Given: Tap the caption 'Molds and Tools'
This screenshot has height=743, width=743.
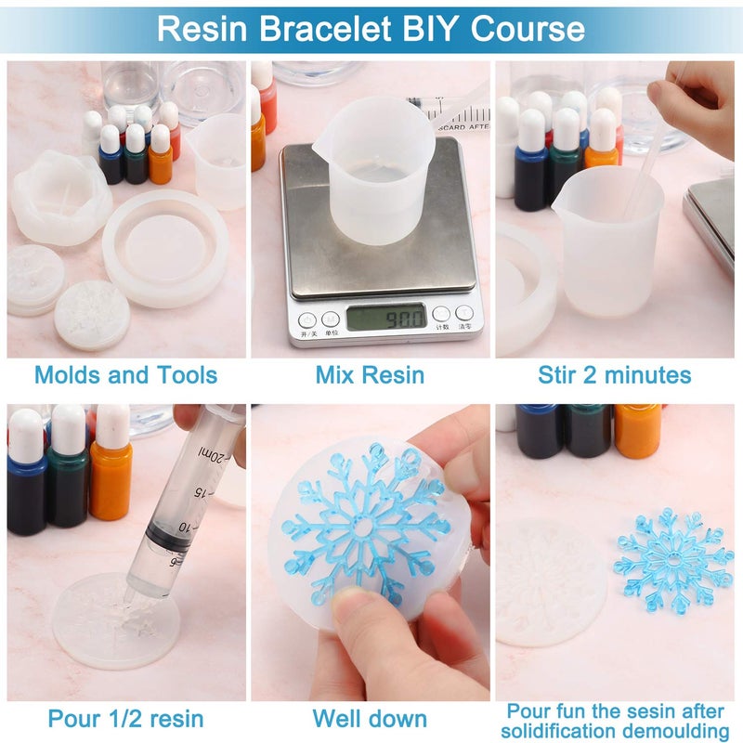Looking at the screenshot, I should pyautogui.click(x=125, y=375).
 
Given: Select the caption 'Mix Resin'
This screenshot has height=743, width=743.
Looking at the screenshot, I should pyautogui.click(x=370, y=375).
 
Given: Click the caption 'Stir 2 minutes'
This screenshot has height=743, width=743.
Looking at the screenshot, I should pyautogui.click(x=615, y=375).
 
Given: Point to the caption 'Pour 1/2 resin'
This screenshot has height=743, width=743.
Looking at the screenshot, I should pyautogui.click(x=125, y=718).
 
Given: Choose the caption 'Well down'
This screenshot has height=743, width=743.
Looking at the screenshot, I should pyautogui.click(x=370, y=718).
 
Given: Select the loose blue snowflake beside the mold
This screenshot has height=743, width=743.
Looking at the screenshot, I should pyautogui.click(x=673, y=560).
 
